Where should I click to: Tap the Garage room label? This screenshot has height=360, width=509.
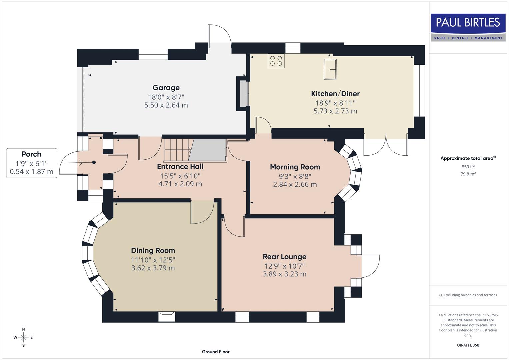pyautogui.click(x=166, y=88)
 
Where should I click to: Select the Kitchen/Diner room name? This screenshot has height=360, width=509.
pyautogui.click(x=335, y=94)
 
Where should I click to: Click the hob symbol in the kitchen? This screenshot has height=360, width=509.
pyautogui.click(x=276, y=61)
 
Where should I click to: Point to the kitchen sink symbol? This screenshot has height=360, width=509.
pyautogui.click(x=330, y=69)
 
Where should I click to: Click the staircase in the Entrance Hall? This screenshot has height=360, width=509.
pyautogui.click(x=177, y=150)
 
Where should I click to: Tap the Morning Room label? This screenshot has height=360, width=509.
pyautogui.click(x=295, y=167)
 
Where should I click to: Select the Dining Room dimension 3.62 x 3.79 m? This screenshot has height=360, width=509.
pyautogui.click(x=153, y=268)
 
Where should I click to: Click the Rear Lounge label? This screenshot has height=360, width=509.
pyautogui.click(x=284, y=257)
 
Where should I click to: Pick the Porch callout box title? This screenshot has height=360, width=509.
pyautogui.click(x=31, y=154)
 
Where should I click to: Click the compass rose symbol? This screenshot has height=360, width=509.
pyautogui.click(x=23, y=337)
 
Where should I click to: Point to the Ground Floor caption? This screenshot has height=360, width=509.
pyautogui.click(x=216, y=352)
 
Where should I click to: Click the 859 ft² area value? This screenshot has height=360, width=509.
pyautogui.click(x=468, y=167)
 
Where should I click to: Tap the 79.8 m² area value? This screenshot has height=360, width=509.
pyautogui.click(x=468, y=174)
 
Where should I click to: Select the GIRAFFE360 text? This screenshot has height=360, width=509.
pyautogui.click(x=468, y=345)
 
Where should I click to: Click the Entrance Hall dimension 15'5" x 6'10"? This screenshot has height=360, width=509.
pyautogui.click(x=180, y=176)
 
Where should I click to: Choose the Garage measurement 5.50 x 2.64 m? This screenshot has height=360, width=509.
pyautogui.click(x=166, y=105)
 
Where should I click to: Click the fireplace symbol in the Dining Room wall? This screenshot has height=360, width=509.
pyautogui.click(x=166, y=316)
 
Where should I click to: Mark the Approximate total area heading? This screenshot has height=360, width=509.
pyautogui.click(x=468, y=158)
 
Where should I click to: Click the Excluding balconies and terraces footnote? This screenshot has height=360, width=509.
pyautogui.click(x=468, y=295)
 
